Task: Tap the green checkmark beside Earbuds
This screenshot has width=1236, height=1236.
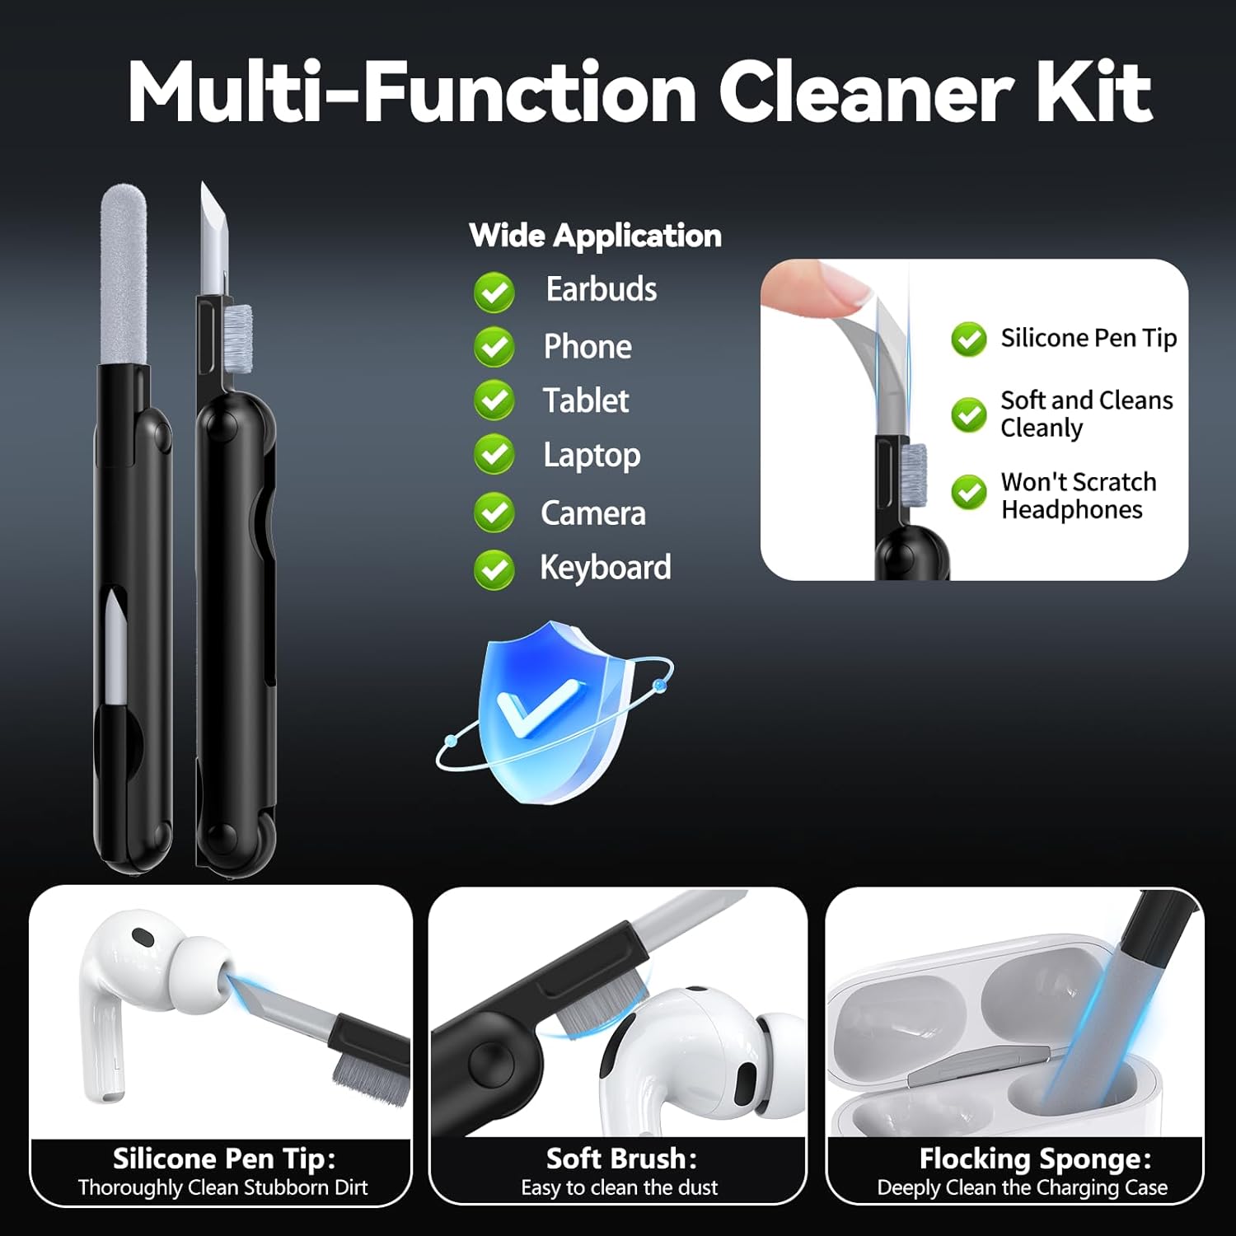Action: [494, 293]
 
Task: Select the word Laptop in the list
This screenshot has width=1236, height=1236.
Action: [592, 456]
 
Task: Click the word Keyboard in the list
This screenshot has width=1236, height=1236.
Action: [606, 568]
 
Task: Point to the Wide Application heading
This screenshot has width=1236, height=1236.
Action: [595, 236]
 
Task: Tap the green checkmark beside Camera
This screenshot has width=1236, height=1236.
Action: [494, 513]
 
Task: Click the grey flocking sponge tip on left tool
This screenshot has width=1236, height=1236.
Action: [124, 274]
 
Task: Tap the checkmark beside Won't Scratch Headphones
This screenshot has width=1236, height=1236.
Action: [969, 493]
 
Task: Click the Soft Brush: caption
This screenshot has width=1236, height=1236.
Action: [621, 1159]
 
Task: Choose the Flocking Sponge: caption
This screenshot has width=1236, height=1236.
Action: [1035, 1159]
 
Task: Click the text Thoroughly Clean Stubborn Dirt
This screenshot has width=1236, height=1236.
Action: [222, 1187]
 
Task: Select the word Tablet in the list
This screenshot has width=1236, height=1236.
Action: [586, 401]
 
